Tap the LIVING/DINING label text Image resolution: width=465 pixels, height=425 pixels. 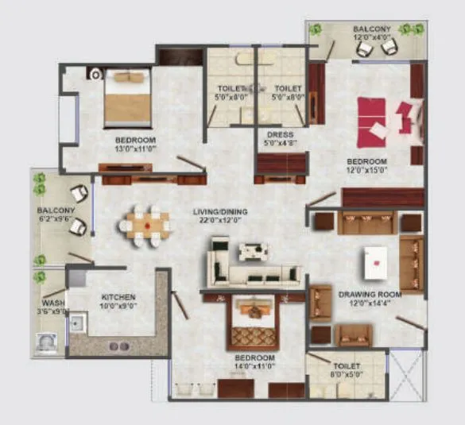221,212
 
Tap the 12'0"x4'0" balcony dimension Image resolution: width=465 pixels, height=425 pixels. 372,38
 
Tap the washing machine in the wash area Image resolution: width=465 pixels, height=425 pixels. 46,343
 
